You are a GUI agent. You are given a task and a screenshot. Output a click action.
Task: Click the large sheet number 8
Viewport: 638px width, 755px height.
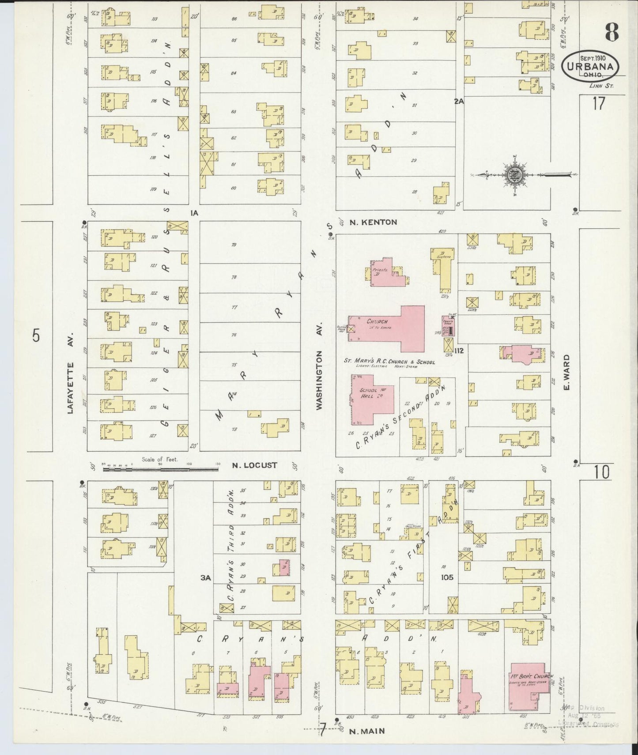tap(611, 32)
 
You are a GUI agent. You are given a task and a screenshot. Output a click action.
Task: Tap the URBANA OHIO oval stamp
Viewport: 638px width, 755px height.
tap(590, 67)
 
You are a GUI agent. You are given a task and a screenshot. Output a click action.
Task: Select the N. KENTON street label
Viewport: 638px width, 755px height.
tap(373, 222)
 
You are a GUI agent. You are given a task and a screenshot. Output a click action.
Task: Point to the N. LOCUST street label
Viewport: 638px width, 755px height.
tap(255, 465)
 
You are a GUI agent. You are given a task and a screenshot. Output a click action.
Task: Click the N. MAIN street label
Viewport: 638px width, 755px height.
tap(366, 731)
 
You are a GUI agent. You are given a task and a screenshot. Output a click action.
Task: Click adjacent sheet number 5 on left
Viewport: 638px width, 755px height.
tap(36, 336)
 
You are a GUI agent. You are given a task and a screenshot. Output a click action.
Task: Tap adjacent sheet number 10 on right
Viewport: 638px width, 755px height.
tap(601, 472)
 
